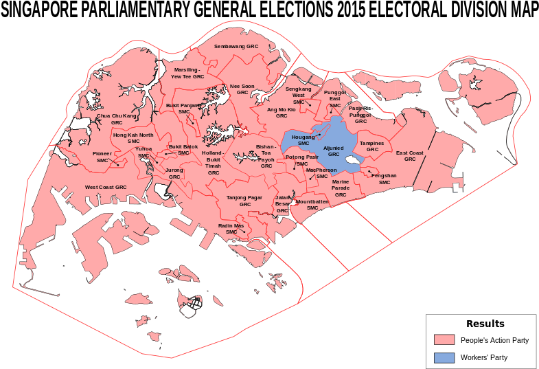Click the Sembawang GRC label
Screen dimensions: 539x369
[236, 46]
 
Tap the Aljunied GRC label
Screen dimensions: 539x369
[334, 151]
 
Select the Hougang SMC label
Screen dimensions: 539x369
[303, 139]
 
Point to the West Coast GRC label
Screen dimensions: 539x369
[106, 187]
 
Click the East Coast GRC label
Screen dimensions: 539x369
[410, 156]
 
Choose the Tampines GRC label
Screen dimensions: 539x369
[372, 146]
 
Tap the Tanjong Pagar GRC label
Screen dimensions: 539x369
[245, 201]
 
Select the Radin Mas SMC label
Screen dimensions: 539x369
[231, 229]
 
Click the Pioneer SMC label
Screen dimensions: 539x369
[102, 157]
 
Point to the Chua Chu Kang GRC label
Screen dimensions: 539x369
[117, 119]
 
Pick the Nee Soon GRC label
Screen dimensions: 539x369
[242, 89]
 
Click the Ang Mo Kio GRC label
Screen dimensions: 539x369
[282, 113]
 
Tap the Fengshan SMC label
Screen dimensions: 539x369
[385, 179]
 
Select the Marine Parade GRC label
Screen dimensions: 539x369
[341, 188]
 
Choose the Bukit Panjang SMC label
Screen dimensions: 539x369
[184, 109]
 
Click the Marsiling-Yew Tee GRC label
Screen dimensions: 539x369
[187, 73]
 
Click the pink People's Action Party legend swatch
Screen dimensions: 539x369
[444, 340]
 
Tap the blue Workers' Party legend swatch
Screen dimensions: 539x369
[444, 357]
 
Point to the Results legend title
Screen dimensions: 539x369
[485, 324]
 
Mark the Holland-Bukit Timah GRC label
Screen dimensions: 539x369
[213, 162]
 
